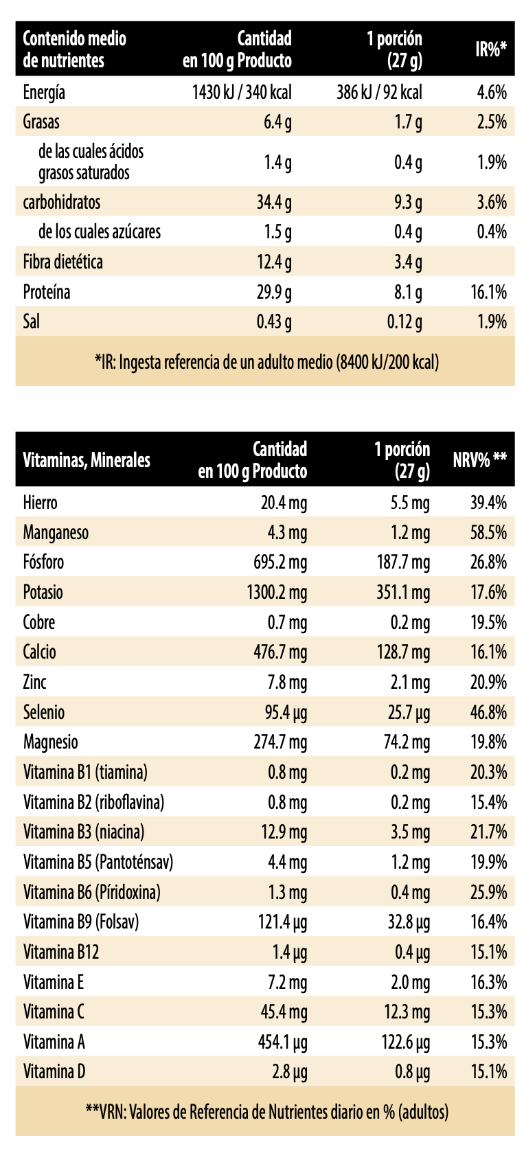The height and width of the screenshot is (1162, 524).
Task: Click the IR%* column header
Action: coord(490,49)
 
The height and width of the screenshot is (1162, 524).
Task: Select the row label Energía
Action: coord(44,92)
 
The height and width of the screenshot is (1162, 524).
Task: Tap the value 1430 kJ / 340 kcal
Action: coord(242,92)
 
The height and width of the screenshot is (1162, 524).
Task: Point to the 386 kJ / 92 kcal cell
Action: coord(379,92)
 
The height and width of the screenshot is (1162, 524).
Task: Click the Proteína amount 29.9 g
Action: coord(274,292)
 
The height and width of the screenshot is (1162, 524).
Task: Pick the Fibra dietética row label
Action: coord(62,262)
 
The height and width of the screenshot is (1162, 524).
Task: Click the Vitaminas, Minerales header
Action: coord(87,459)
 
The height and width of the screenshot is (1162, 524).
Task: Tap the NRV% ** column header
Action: coord(479,459)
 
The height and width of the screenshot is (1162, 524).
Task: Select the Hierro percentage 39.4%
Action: coord(488,503)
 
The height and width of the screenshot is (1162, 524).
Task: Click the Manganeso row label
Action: coord(56,532)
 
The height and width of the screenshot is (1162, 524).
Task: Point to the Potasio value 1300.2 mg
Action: coord(277,592)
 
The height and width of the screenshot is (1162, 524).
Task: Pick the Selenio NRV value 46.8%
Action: coord(488,712)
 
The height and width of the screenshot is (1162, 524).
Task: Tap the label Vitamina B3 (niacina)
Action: coord(84,832)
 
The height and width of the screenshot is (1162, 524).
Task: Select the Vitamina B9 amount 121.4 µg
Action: coord(282,922)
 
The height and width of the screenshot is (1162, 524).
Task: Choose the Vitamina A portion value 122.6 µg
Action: coord(405,1042)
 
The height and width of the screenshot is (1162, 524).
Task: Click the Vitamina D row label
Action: coord(54,1071)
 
